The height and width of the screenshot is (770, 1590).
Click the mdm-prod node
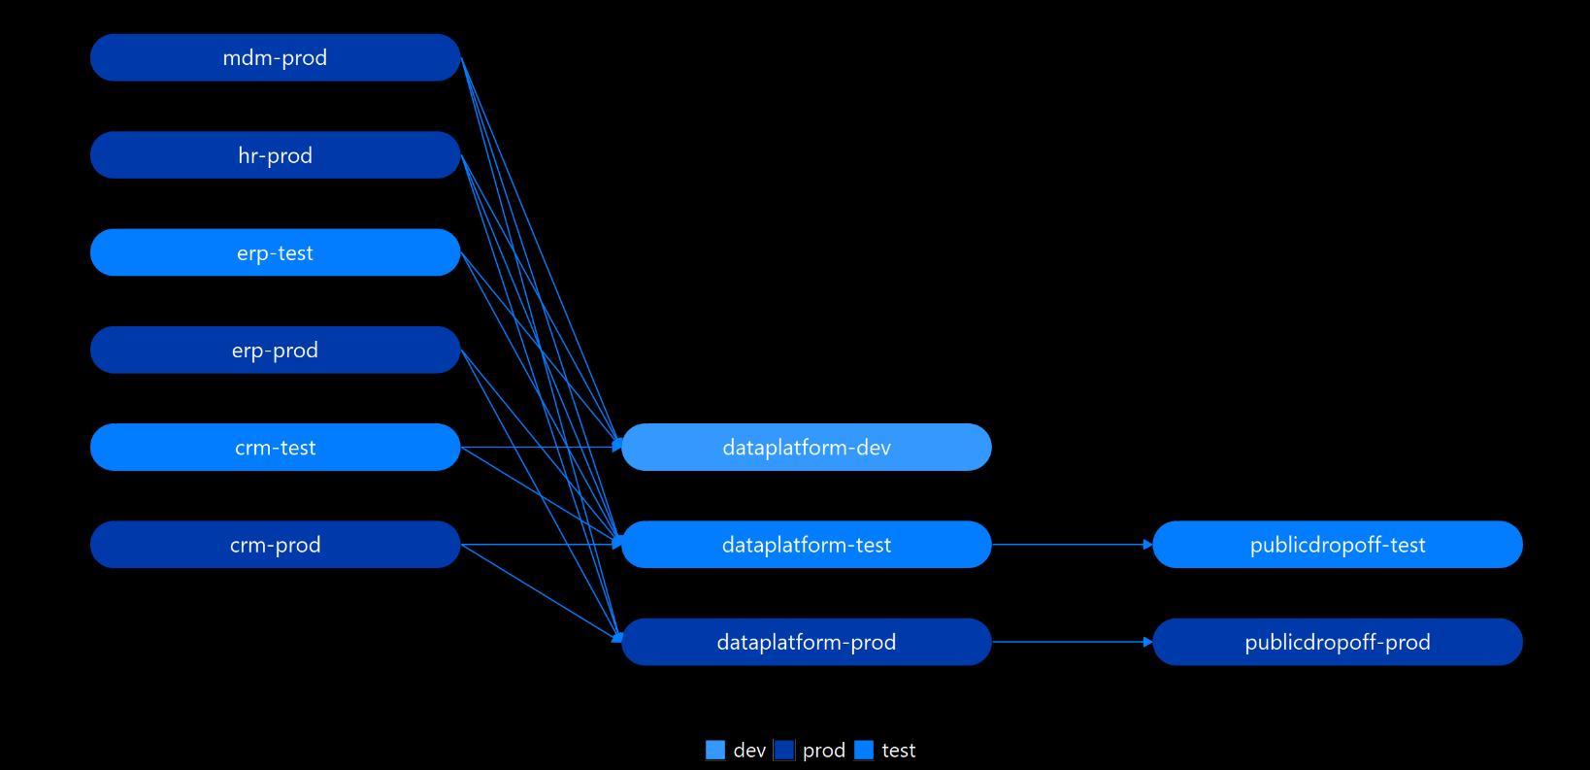(x=275, y=58)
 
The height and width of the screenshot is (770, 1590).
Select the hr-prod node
(x=275, y=155)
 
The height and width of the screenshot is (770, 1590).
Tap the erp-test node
(x=275, y=252)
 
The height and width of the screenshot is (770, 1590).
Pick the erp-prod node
(x=275, y=350)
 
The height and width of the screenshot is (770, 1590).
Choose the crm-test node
(x=275, y=448)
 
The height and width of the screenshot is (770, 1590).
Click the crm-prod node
(x=275, y=545)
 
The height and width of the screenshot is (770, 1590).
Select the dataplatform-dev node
(x=806, y=448)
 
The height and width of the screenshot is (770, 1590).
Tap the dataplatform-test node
(x=806, y=545)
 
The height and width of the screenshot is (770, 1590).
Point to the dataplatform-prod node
(x=806, y=642)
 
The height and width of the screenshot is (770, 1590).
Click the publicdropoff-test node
(x=1337, y=545)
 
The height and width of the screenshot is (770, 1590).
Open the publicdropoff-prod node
(x=1337, y=642)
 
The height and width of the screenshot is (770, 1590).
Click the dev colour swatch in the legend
(x=715, y=751)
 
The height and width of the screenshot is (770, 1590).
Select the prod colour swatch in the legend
(x=784, y=751)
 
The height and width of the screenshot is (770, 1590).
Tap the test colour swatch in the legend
(x=864, y=751)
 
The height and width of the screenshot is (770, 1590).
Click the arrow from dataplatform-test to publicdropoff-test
(x=1068, y=545)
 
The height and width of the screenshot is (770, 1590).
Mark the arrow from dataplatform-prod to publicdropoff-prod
(x=1068, y=642)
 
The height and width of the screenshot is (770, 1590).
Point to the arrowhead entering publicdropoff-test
(x=1147, y=545)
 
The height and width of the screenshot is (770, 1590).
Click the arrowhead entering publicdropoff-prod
(x=1147, y=642)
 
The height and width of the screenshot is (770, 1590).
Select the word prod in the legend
(x=824, y=751)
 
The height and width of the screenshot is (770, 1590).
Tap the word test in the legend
(x=899, y=751)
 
